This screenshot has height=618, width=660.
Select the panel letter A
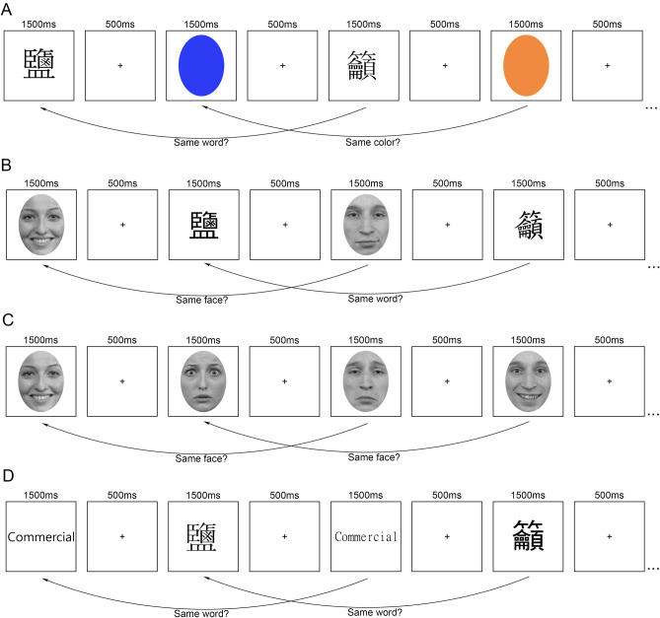pos(9,8)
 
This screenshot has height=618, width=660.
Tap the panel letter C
pos(9,321)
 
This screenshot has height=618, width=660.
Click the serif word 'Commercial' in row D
pos(41,536)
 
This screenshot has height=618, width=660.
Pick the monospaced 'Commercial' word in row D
pos(366,537)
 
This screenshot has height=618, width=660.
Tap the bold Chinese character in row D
pos(527,536)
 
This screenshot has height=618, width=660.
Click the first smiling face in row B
pos(41,225)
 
